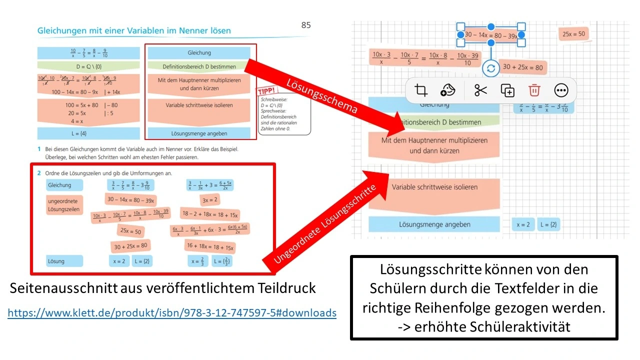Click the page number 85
point(306,25)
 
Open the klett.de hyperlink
point(172,313)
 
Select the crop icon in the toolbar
point(421,90)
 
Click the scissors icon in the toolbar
point(480,90)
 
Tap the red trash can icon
point(534,90)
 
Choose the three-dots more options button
point(561,90)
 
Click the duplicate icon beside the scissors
point(507,90)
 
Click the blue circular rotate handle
point(490,68)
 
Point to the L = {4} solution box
point(88,133)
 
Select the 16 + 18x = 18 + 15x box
point(209,247)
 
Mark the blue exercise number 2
point(39,172)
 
